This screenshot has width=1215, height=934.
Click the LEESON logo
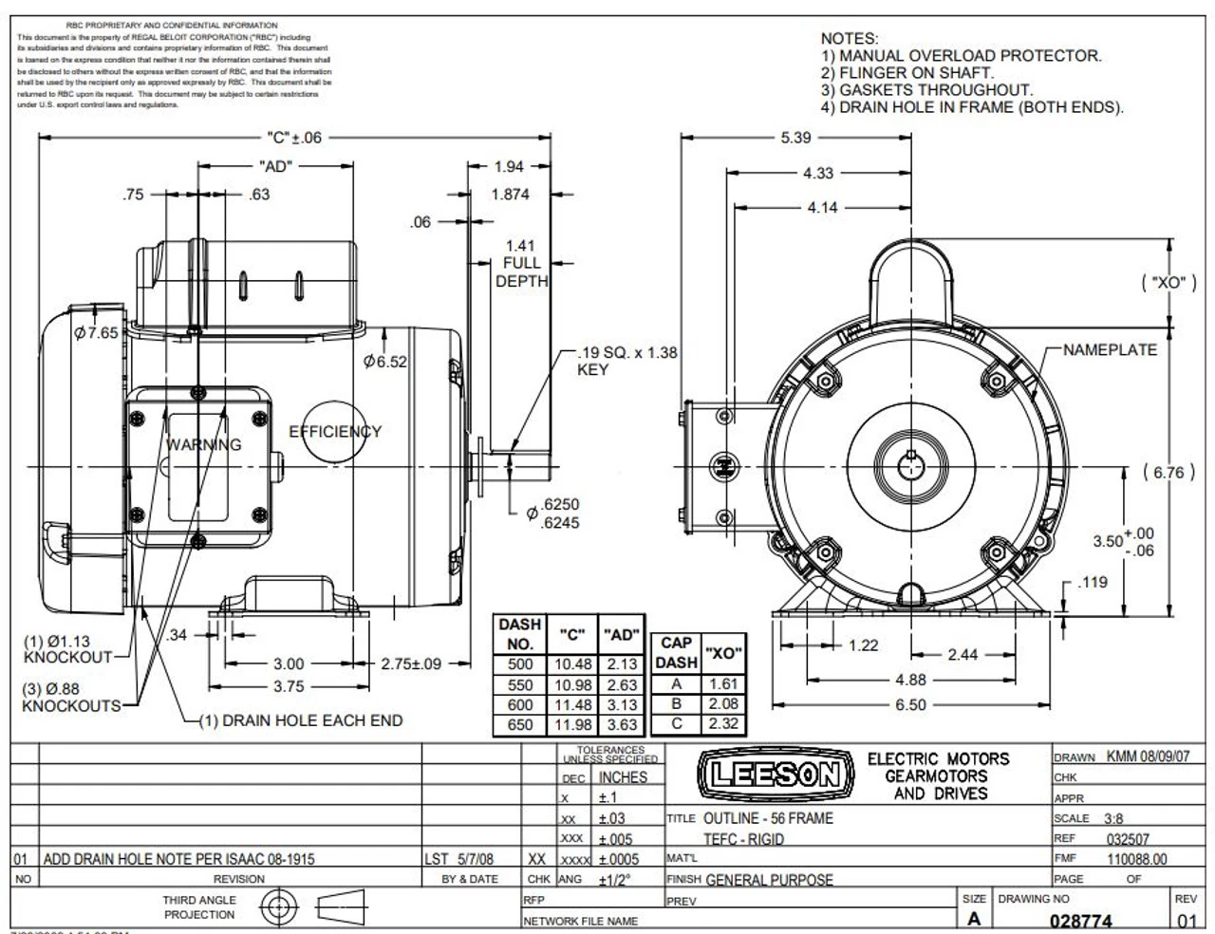point(771,775)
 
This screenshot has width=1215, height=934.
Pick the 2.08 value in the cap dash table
point(723,704)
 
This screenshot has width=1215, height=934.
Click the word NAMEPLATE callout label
point(1110,350)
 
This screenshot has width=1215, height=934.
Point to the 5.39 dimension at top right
point(795,138)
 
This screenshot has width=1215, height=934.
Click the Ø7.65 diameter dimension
point(96,333)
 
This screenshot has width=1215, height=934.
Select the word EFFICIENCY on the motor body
point(335,431)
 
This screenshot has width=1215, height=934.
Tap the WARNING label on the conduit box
point(204,444)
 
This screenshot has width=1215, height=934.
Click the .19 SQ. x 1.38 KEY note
point(626,361)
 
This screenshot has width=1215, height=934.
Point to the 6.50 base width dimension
point(910,705)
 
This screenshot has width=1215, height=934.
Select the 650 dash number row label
point(520,725)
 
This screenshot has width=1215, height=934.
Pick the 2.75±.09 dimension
point(411,664)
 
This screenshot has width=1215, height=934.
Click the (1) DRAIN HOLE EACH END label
point(300,720)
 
